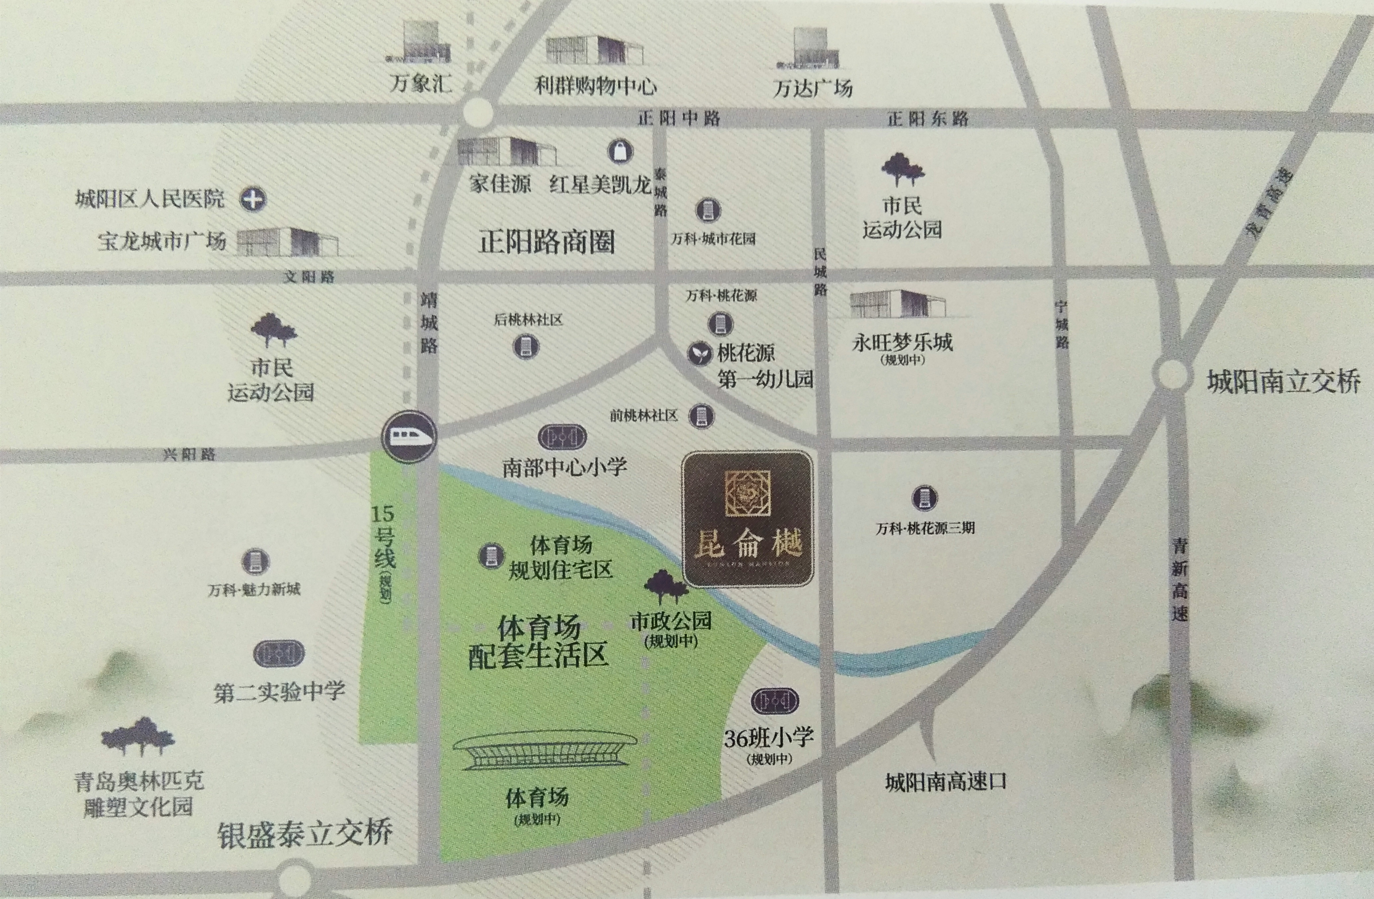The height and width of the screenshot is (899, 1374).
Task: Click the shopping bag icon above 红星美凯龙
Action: (x=620, y=151)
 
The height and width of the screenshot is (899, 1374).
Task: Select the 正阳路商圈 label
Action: (x=546, y=241)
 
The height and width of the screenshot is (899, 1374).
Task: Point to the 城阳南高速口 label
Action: (x=946, y=782)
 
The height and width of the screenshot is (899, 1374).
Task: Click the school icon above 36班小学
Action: (x=775, y=701)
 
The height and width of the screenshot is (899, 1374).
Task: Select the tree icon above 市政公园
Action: (x=666, y=586)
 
